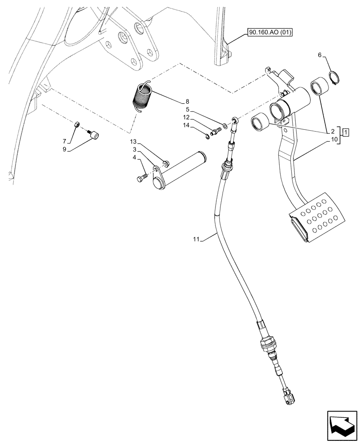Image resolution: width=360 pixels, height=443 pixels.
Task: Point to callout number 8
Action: click(x=175, y=101)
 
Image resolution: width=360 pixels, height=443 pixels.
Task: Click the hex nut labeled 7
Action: click(x=76, y=125)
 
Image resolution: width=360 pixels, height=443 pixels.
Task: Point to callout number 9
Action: click(x=65, y=149)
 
